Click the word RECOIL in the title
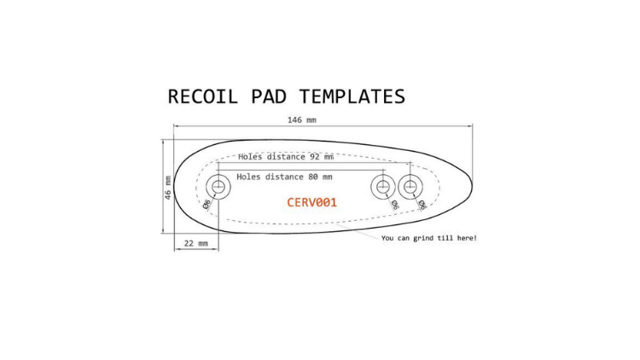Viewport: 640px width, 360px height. point(203,96)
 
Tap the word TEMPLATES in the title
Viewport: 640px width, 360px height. point(352,96)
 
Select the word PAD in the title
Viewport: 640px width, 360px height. point(269,96)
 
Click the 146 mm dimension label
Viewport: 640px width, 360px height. point(302,120)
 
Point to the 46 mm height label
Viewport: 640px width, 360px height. point(168,188)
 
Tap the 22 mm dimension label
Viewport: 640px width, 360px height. point(196,243)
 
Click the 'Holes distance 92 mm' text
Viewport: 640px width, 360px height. point(286,157)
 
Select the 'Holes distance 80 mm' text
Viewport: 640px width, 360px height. point(284,177)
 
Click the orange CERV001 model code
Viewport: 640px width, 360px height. point(311,202)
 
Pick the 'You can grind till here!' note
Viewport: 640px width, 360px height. point(429,238)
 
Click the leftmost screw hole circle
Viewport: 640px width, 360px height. point(218,187)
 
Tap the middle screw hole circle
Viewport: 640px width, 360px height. point(383,187)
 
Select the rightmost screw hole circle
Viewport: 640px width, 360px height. point(410,187)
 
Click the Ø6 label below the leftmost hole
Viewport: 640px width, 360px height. point(207,204)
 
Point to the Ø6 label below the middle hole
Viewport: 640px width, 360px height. point(395,205)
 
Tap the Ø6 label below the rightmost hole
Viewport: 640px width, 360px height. point(422,205)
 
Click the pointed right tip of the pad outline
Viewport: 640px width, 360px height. point(473,187)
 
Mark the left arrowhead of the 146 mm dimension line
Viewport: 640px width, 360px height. point(177,126)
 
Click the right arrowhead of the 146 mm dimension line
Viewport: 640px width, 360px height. point(470,126)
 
